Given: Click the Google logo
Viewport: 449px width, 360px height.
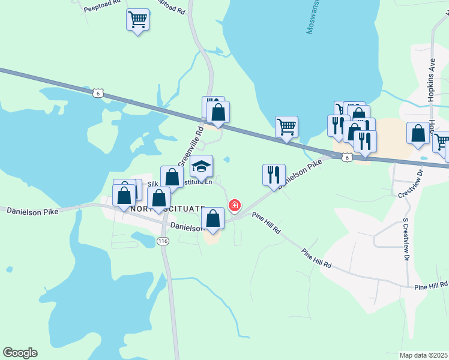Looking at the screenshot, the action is click(20, 353).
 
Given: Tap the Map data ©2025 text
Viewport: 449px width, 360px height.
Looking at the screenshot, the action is click(424, 355).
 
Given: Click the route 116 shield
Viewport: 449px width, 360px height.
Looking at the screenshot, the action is click(162, 241).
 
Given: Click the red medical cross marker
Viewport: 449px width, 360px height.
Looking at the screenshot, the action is click(234, 206).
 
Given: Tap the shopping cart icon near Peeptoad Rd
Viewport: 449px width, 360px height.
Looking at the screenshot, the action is click(138, 20).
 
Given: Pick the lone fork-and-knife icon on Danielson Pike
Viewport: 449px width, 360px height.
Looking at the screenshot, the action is click(274, 175).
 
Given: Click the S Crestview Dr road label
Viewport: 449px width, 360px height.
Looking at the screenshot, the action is click(405, 240).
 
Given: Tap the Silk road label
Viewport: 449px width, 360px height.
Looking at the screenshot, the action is click(153, 184).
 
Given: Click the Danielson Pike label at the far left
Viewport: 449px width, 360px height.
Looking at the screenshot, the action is click(31, 211).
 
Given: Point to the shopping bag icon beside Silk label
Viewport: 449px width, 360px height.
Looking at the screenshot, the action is click(172, 177).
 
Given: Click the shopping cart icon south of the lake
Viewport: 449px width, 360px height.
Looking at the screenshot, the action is click(287, 127).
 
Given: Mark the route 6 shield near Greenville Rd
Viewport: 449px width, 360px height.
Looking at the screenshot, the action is click(99, 92).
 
